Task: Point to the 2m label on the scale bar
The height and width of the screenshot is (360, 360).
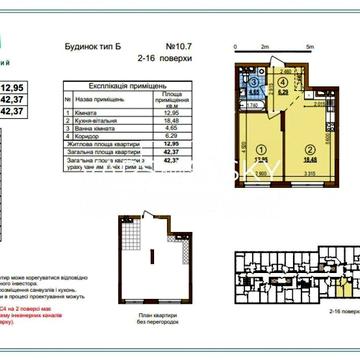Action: (262, 47)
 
